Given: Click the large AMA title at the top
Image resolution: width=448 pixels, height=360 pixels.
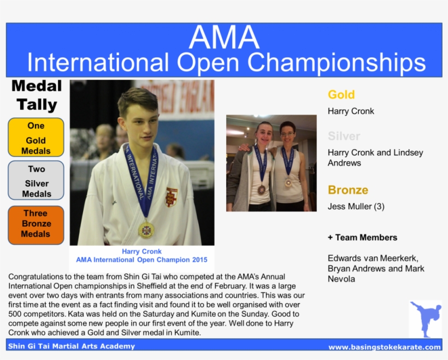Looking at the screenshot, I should [x=224, y=37].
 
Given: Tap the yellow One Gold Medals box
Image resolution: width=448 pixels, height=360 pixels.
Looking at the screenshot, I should [x=36, y=137].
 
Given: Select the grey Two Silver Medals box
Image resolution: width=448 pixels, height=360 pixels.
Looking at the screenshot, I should [x=36, y=180].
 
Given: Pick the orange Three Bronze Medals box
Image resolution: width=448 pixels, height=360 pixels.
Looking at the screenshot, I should [x=36, y=224].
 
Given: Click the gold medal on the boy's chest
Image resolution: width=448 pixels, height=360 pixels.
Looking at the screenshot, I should [x=146, y=230].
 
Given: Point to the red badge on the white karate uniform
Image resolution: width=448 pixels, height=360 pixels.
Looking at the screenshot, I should [x=172, y=197].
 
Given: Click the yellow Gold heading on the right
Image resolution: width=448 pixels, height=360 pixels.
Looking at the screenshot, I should [x=341, y=95].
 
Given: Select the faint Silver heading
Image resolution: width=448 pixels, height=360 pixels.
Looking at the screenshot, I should [x=344, y=136].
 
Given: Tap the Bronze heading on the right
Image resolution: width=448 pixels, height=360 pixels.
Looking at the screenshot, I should [x=348, y=190].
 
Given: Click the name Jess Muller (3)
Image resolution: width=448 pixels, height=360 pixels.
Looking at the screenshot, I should [x=354, y=206].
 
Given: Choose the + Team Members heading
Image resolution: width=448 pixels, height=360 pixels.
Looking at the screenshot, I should [x=362, y=238].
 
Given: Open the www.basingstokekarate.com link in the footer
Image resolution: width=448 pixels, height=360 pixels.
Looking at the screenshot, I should [x=384, y=347].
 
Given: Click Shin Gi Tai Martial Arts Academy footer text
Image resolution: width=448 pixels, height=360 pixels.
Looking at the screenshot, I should [x=72, y=346].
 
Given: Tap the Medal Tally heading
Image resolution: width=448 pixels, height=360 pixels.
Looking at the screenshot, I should [x=37, y=95].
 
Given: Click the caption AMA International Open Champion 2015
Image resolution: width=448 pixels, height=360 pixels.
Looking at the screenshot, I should [x=142, y=259].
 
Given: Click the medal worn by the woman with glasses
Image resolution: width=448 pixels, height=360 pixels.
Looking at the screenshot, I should [x=288, y=182].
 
